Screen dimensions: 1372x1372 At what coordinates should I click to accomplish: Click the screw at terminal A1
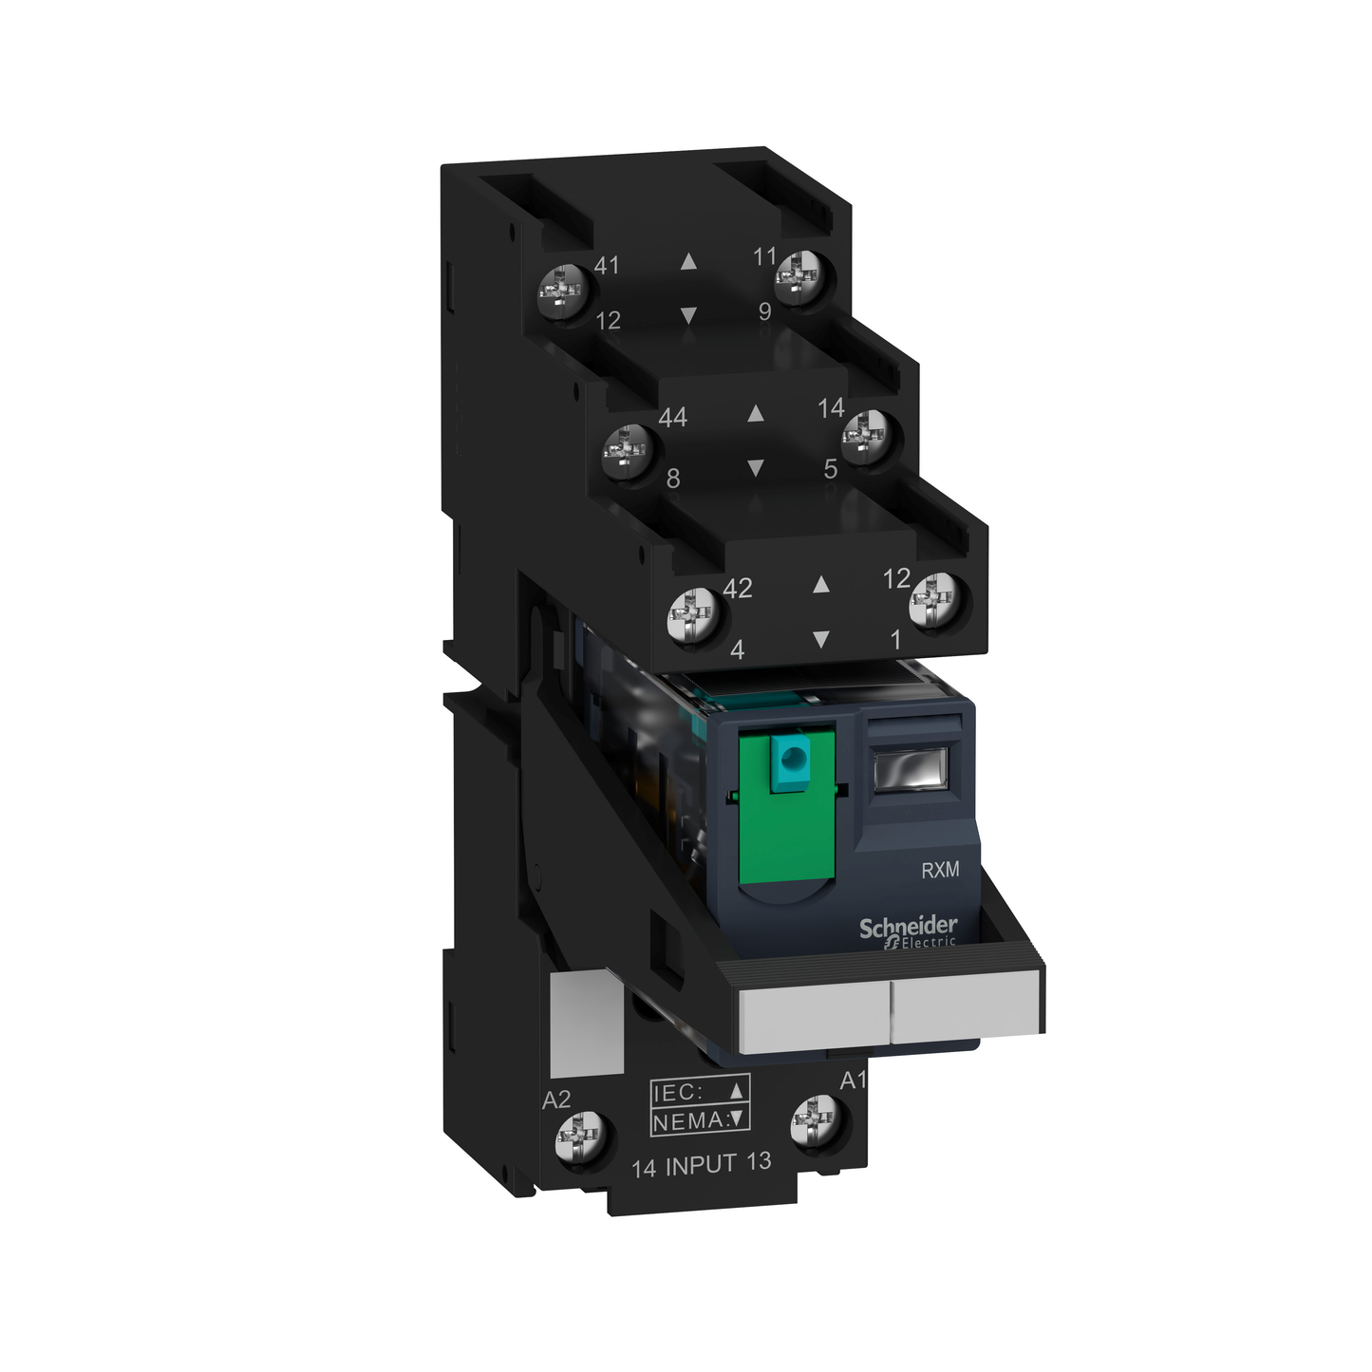coord(817,1120)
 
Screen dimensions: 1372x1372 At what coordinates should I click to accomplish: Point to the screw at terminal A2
coord(580,1137)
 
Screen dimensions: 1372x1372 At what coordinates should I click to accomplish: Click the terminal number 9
coord(764,311)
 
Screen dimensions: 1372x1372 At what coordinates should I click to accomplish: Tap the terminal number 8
coord(673,479)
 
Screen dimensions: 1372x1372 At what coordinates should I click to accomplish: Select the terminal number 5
coord(830,469)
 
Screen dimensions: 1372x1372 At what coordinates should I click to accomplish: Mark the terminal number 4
coord(737,649)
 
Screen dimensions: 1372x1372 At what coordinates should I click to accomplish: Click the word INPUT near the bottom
coord(701,1165)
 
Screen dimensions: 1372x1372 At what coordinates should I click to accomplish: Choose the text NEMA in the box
coord(687,1121)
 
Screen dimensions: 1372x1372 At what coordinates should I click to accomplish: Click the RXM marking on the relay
coord(940,870)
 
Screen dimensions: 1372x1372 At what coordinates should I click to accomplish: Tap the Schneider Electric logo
coord(909,930)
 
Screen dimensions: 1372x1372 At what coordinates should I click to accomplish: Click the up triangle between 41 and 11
coord(689,261)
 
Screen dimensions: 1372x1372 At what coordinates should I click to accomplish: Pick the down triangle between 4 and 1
coord(821,639)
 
